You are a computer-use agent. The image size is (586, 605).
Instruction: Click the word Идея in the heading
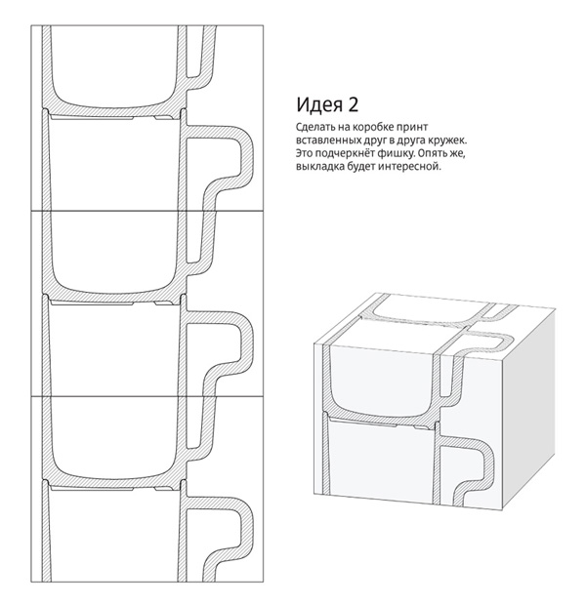click(319, 105)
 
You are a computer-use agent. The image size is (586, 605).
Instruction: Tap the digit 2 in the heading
click(354, 104)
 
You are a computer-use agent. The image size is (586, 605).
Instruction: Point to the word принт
click(414, 128)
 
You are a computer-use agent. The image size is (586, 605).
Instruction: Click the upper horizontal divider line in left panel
click(147, 211)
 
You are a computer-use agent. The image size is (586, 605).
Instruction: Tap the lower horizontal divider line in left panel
click(147, 396)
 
